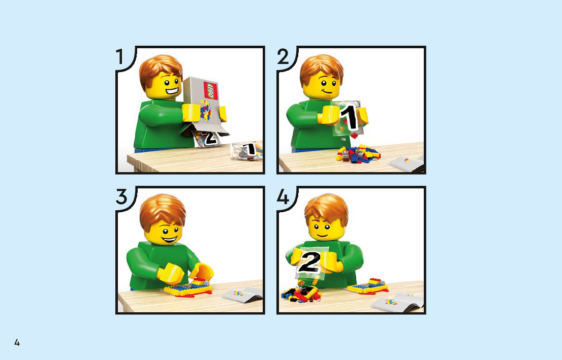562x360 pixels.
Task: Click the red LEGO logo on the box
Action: tap(211, 90)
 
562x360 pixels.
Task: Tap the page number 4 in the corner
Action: tap(17, 342)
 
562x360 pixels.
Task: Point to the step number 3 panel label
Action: tap(121, 197)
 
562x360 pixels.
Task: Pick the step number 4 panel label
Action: tap(283, 197)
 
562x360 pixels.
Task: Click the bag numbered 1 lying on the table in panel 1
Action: tap(247, 150)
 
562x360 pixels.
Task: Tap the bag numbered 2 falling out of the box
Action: tap(207, 139)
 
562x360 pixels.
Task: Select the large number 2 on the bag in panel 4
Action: tap(309, 262)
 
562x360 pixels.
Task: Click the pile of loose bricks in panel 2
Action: tap(358, 154)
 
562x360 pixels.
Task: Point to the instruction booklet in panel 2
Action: tap(407, 163)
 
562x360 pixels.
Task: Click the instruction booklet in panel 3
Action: tap(243, 294)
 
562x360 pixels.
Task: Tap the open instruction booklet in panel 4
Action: tap(397, 302)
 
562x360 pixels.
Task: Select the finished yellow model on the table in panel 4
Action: tap(368, 286)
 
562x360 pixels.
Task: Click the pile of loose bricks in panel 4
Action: tap(301, 292)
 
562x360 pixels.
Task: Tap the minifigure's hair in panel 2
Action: tap(321, 69)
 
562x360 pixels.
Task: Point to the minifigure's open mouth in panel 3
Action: tap(169, 239)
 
